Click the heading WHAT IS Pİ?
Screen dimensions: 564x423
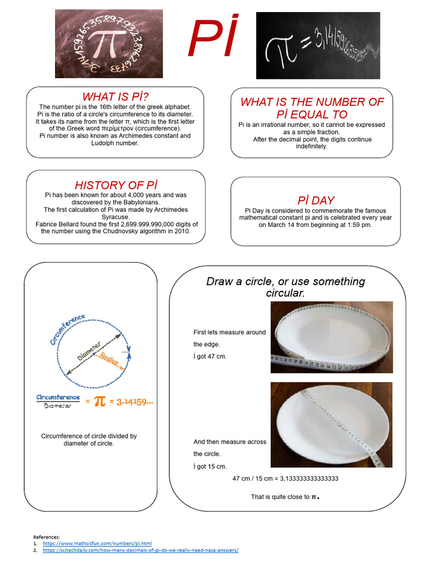[x=115, y=97]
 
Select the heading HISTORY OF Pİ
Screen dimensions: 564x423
[x=115, y=185]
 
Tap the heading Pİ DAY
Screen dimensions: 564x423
[x=316, y=200]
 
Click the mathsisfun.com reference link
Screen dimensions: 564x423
[x=97, y=543]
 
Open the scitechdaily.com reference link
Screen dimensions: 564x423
[x=140, y=550]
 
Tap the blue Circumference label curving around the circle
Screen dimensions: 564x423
[x=67, y=329]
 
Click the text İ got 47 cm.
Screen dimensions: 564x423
[x=210, y=356]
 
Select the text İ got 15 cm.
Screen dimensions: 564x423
[x=210, y=467]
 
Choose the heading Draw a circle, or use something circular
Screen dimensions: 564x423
[x=285, y=287]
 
